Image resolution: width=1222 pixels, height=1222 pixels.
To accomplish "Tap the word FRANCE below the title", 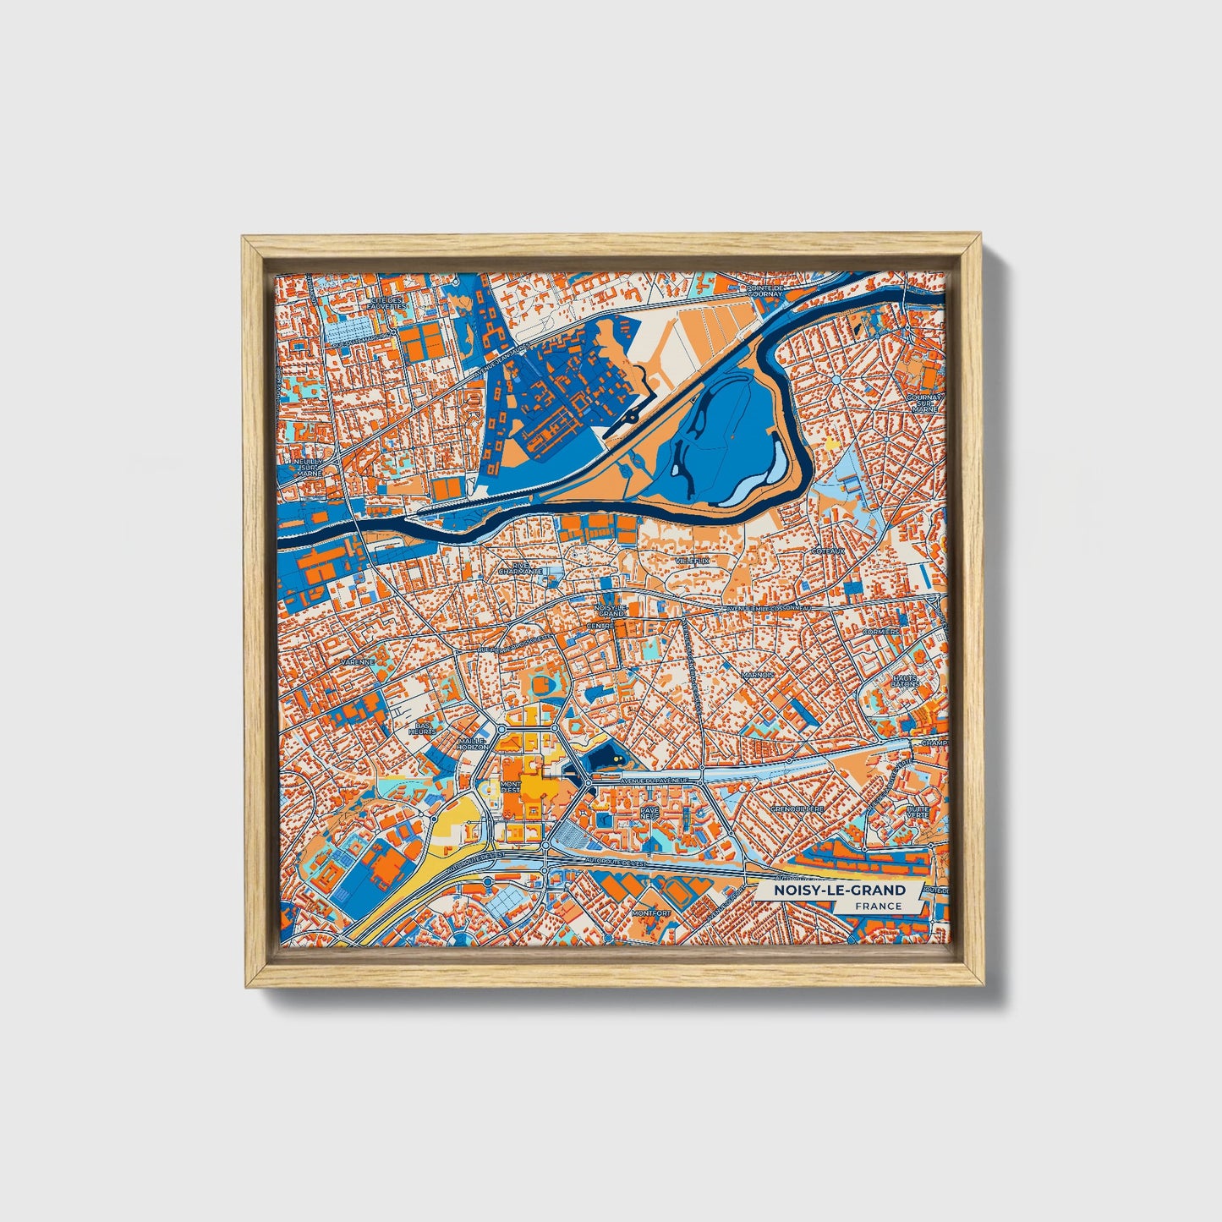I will point(877,907).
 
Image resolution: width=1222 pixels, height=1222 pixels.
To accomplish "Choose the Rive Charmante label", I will point(519,568).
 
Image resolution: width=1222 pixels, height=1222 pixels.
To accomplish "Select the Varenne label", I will point(357,661).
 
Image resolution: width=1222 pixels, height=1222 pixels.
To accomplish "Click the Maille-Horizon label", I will point(473,744).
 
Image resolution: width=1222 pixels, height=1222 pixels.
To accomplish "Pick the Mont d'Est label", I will point(511,787).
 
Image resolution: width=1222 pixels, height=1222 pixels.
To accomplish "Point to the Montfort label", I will point(651,913).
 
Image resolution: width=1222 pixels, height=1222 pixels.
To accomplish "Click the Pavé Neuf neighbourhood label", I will point(649,813).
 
